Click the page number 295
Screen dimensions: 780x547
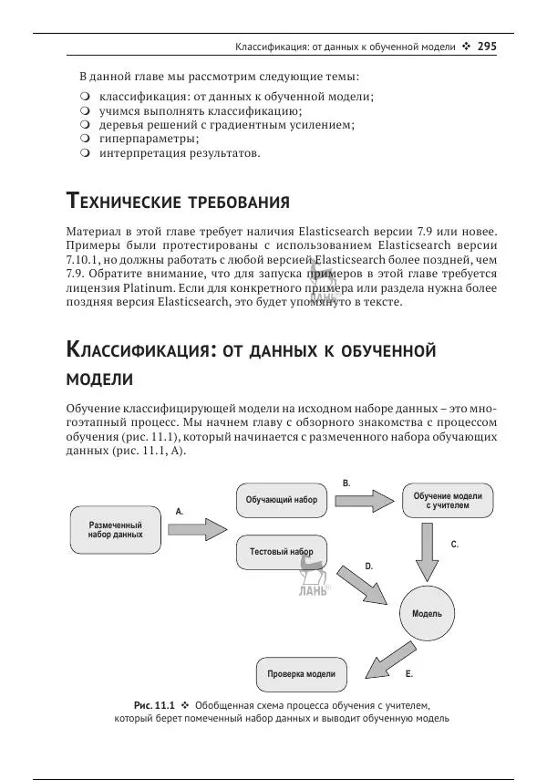click(487, 46)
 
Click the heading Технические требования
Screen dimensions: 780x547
click(179, 201)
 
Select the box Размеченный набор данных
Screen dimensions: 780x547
click(116, 529)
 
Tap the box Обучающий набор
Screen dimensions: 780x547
click(282, 500)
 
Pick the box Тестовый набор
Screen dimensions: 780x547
click(282, 552)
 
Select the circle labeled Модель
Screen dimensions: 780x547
click(427, 613)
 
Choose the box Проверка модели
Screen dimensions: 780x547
click(301, 674)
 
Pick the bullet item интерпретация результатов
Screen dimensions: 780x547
click(180, 153)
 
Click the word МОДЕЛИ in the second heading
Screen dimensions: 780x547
click(100, 379)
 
